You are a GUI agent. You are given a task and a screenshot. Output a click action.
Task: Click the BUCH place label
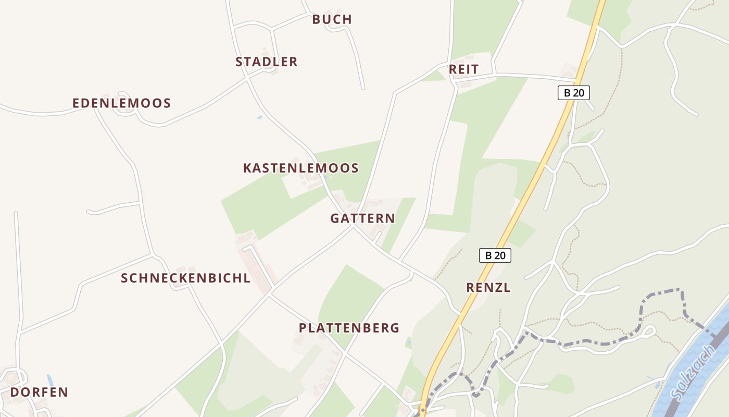332,19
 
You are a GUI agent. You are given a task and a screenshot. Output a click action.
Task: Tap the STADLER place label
266,62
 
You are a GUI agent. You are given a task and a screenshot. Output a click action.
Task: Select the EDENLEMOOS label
121,103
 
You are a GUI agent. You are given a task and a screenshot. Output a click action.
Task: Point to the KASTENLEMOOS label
300,168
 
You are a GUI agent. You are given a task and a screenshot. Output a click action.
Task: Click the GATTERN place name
362,218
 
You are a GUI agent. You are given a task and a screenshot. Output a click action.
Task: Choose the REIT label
463,70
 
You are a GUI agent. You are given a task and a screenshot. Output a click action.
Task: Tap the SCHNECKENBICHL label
185,278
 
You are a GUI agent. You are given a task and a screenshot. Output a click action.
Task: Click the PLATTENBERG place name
349,328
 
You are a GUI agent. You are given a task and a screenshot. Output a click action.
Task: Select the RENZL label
488,287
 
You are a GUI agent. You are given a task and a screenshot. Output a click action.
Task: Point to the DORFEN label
39,392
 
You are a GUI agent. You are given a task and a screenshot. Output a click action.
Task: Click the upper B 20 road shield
573,93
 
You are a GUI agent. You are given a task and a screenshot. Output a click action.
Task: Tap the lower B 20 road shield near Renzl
495,255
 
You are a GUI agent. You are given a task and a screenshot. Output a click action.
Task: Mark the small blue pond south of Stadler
259,118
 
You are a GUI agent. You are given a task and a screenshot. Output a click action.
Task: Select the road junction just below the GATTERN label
353,227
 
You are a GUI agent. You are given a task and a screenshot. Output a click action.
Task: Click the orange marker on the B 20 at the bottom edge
422,411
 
